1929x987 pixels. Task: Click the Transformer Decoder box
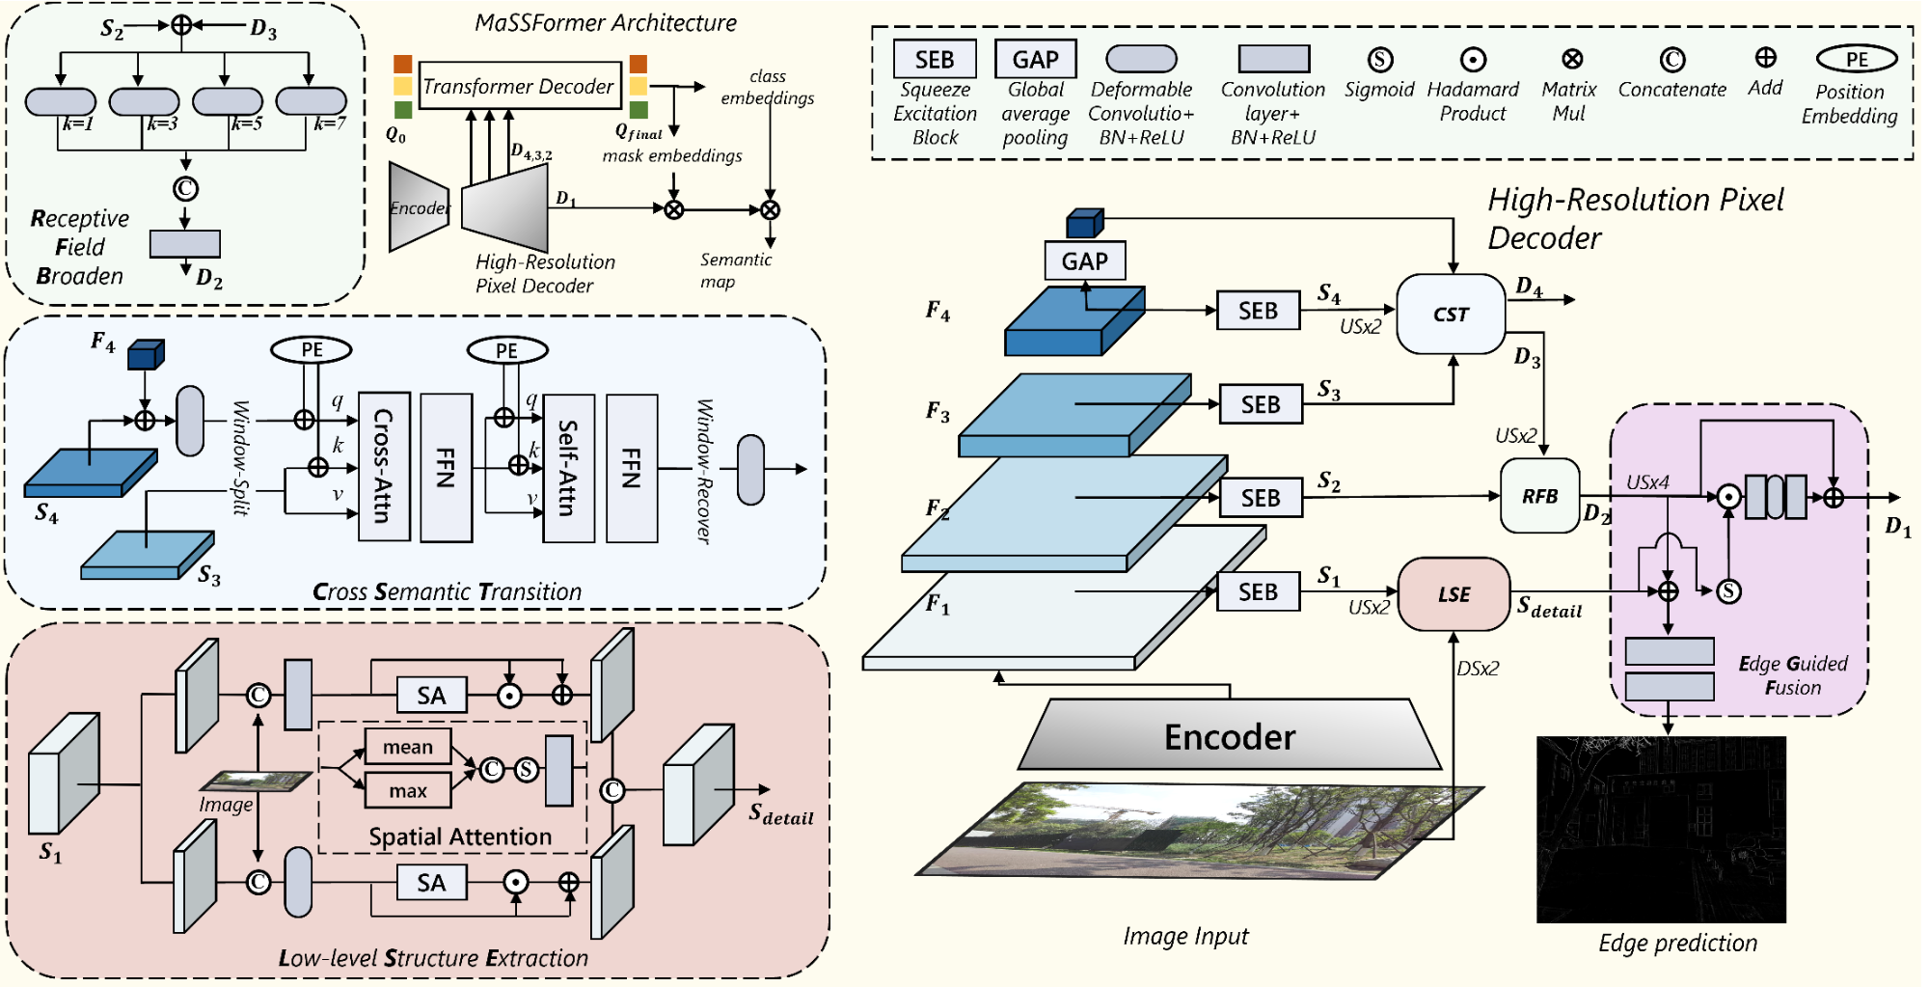point(519,87)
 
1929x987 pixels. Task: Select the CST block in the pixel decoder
point(1451,314)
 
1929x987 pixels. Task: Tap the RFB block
point(1539,496)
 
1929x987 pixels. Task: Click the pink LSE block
point(1454,594)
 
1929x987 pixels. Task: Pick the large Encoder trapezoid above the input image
point(1230,736)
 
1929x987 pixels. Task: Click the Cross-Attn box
point(384,466)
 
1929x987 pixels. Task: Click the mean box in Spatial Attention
point(408,747)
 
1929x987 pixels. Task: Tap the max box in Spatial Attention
point(408,791)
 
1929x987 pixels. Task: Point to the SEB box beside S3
point(1261,404)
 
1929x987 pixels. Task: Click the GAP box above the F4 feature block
point(1084,260)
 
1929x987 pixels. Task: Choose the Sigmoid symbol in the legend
point(1380,60)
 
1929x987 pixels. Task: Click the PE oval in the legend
point(1857,60)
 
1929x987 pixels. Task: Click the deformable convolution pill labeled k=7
point(311,100)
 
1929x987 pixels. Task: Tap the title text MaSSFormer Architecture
point(606,22)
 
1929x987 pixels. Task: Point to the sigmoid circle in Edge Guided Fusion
point(1729,591)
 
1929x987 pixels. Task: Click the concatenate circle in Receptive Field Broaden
point(185,188)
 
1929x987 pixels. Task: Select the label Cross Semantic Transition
point(447,591)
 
